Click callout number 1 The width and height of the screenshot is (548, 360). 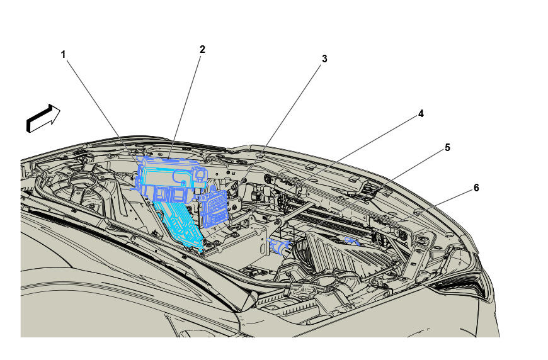tap(63, 55)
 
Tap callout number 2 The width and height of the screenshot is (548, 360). tap(202, 50)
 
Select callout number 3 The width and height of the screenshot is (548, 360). tap(324, 59)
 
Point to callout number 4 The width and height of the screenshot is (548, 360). tap(421, 114)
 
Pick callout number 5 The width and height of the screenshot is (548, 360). tap(447, 148)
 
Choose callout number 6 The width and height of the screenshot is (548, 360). tap(476, 188)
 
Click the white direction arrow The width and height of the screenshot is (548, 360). tap(43, 118)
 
